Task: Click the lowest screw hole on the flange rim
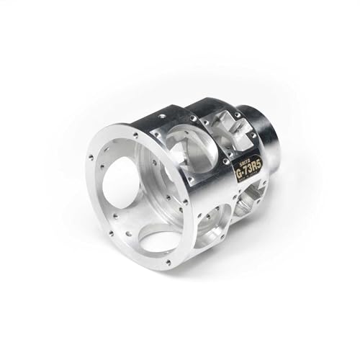coord(168,264)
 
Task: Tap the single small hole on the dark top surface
coord(165,113)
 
